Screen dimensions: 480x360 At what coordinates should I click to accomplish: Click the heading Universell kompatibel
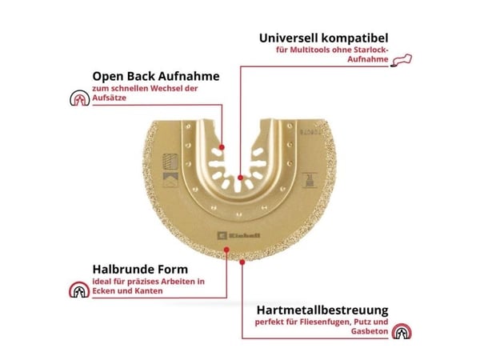click(x=323, y=38)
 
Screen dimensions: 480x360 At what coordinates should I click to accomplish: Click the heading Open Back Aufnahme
click(x=156, y=76)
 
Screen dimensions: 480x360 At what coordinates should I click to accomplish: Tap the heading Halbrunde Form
click(x=140, y=270)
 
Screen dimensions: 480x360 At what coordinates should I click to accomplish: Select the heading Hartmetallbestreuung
click(x=322, y=310)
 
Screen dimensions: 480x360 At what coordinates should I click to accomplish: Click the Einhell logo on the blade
click(x=238, y=235)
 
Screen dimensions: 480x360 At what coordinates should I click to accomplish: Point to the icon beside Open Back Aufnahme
click(x=79, y=98)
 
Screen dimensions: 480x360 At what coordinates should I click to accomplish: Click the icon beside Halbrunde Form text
click(x=79, y=290)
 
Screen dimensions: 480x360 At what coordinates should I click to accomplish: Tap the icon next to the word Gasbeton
click(x=402, y=331)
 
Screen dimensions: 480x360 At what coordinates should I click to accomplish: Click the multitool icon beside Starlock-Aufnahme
click(x=402, y=60)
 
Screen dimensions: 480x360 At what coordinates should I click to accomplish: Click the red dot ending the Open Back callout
click(x=222, y=147)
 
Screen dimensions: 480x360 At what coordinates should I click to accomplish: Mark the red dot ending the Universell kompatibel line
click(x=240, y=178)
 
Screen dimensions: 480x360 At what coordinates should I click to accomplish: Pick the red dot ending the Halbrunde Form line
click(x=226, y=250)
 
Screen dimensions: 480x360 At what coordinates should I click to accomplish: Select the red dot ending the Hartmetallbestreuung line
click(x=242, y=262)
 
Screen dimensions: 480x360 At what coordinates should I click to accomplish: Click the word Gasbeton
click(x=370, y=331)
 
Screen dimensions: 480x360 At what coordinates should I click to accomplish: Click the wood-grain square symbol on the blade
click(x=170, y=162)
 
